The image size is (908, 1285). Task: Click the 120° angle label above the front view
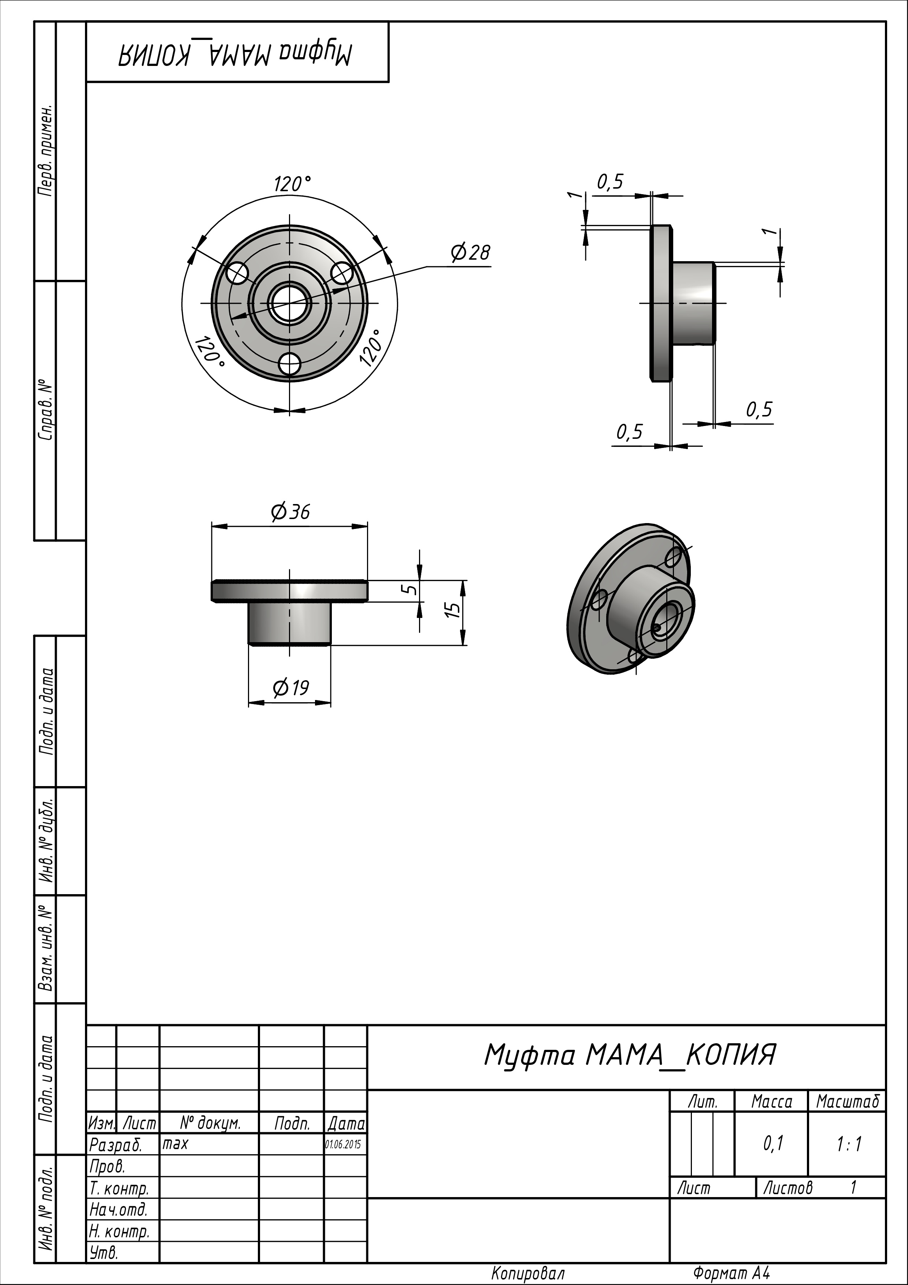coord(292,184)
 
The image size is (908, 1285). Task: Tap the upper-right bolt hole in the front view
coord(342,273)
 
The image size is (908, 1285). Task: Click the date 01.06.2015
coord(343,1145)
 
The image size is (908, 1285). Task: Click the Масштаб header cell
coord(848,1101)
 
